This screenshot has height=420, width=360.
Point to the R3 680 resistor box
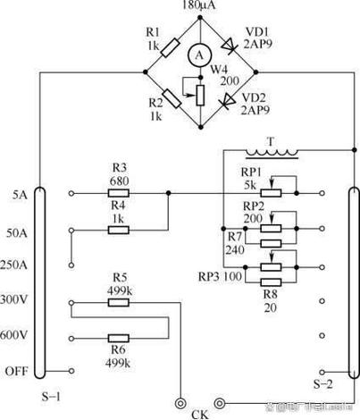pos(120,192)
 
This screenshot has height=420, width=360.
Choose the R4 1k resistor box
pos(120,230)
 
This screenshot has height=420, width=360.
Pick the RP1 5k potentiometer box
pos(274,192)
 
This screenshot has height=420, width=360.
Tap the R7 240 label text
pos(233,244)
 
